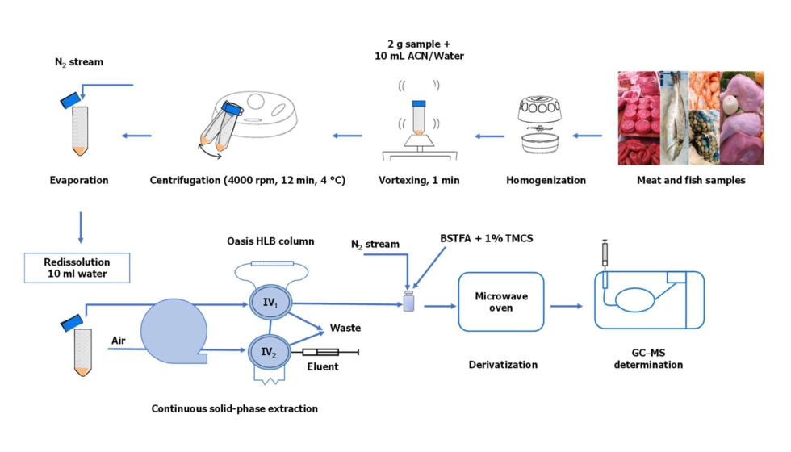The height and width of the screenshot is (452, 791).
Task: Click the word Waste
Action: (x=345, y=328)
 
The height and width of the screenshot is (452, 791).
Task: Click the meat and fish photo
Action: (x=689, y=118)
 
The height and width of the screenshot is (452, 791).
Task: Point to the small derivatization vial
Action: (x=408, y=303)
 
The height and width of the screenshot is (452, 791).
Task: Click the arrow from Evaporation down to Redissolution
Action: (x=80, y=227)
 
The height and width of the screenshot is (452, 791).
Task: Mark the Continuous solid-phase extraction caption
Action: (x=234, y=408)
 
